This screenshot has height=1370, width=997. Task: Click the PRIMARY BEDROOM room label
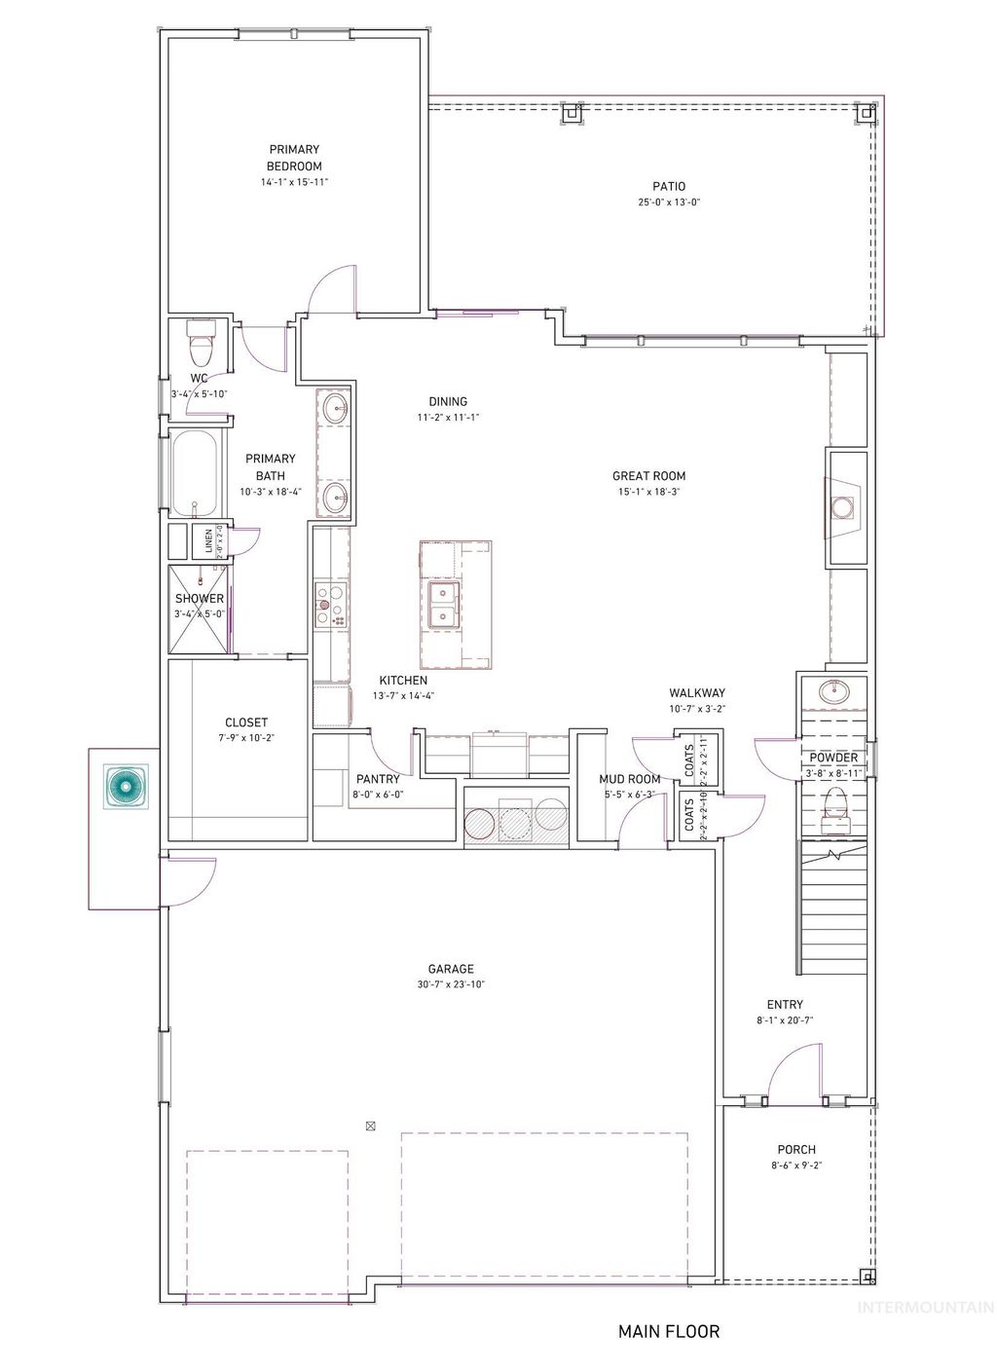coord(294,158)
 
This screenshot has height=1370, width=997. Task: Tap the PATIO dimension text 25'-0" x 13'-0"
coord(669,203)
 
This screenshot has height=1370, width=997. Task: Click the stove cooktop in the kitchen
coord(331,604)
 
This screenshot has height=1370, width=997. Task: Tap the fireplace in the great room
coord(843,506)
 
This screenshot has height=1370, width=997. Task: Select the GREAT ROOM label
coord(648,476)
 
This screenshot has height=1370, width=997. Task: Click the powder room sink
coord(833,692)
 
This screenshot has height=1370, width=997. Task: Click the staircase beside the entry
coord(832,910)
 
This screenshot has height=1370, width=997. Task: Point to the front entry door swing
coord(794,1071)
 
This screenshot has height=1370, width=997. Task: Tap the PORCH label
coord(795,1149)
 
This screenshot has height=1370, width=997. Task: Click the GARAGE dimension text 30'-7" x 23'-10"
coord(451,984)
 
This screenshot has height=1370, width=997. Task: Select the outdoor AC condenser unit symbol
coord(124,787)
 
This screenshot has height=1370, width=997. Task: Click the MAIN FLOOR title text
coord(669,1331)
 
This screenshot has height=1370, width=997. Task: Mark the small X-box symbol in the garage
coord(370,1126)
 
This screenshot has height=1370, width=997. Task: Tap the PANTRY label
coord(378,779)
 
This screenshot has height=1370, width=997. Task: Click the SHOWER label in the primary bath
coord(200,599)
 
